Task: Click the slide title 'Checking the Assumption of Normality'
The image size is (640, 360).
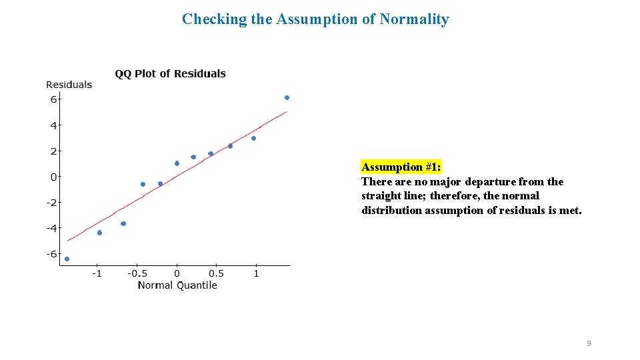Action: click(x=315, y=19)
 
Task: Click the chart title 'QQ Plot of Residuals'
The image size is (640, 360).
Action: click(x=170, y=74)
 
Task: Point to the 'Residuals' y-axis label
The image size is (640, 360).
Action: click(x=69, y=85)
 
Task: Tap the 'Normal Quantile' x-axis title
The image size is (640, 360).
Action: click(x=177, y=285)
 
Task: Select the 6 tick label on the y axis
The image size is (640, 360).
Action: click(x=53, y=99)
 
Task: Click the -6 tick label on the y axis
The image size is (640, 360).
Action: click(x=51, y=254)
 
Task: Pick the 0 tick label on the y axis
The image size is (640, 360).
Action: click(x=54, y=177)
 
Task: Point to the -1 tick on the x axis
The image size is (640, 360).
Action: click(x=97, y=273)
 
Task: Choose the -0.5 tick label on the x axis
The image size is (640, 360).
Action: click(x=137, y=273)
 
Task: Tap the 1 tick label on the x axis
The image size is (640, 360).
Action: click(x=256, y=273)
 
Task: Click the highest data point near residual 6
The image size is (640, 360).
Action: click(x=287, y=98)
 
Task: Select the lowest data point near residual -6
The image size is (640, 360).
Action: click(x=67, y=259)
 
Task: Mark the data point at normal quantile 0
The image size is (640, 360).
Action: click(x=177, y=163)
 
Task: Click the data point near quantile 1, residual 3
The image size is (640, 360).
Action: click(x=253, y=139)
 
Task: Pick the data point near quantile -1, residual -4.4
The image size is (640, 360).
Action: click(x=99, y=233)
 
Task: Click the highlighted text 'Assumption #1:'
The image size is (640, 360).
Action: click(x=401, y=167)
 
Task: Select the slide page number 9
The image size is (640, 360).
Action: click(x=588, y=343)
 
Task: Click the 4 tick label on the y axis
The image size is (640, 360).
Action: click(x=53, y=125)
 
